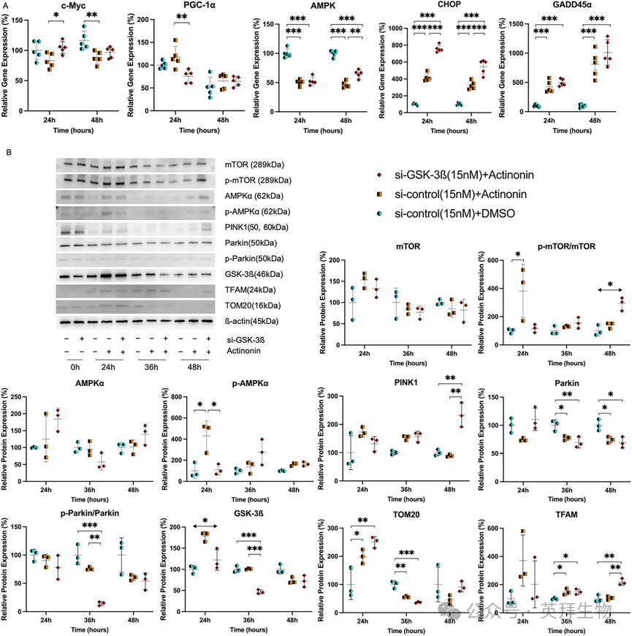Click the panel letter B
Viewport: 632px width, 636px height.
(8, 152)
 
